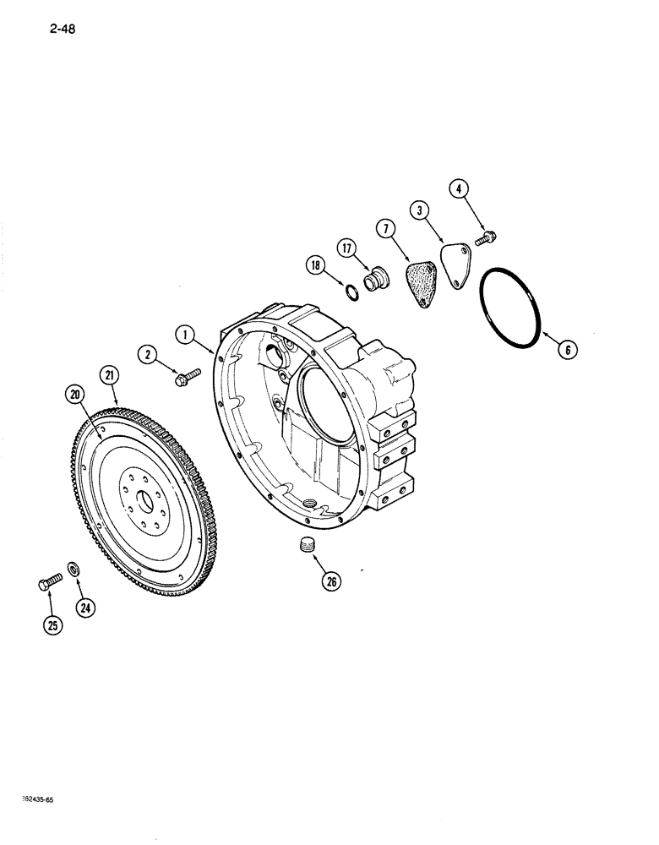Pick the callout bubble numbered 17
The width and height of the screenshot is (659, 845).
pos(347,248)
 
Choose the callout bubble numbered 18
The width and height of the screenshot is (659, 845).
pos(315,267)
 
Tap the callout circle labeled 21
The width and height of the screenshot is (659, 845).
pos(109,374)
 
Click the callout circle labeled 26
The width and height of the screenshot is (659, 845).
pos(332,581)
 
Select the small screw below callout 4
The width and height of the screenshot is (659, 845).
pos(486,239)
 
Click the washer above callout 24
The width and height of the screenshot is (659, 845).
pos(74,567)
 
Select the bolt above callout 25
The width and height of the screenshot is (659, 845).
pos(50,583)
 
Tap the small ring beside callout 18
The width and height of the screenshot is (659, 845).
pos(351,292)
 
